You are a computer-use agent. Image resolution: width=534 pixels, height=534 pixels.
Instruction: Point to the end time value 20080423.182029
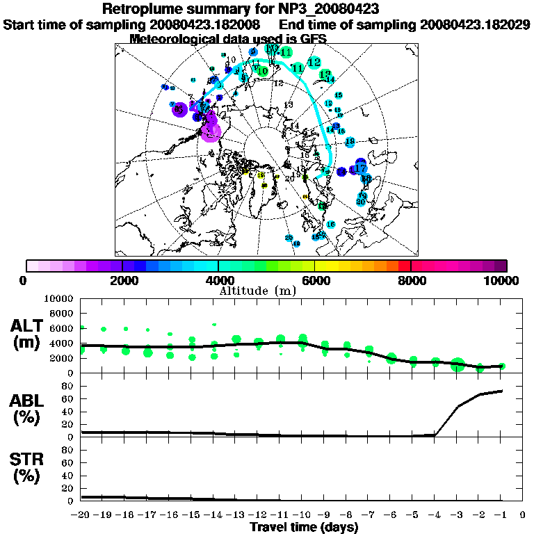click(x=475, y=24)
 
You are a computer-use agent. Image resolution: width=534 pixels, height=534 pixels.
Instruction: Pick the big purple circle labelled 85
click(x=179, y=108)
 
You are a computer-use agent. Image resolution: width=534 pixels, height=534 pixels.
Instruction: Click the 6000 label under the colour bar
click(x=314, y=280)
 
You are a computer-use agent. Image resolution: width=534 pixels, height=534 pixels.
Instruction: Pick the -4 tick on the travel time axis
click(x=434, y=515)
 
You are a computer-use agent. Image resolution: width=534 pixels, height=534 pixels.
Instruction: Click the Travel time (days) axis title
click(x=304, y=528)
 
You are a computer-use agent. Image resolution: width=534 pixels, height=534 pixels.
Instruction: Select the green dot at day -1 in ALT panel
click(x=501, y=366)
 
